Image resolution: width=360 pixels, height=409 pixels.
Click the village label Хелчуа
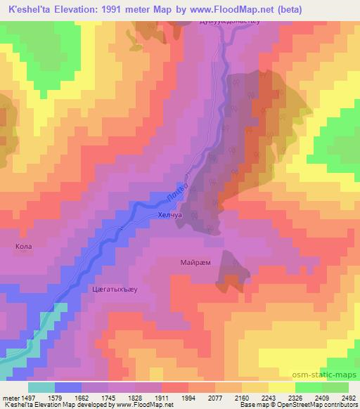(x=171, y=218)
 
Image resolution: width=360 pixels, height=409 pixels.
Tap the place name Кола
(x=23, y=247)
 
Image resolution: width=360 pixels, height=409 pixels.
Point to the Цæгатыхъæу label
(x=114, y=288)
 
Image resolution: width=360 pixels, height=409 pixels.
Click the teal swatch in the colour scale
(x=41, y=387)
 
